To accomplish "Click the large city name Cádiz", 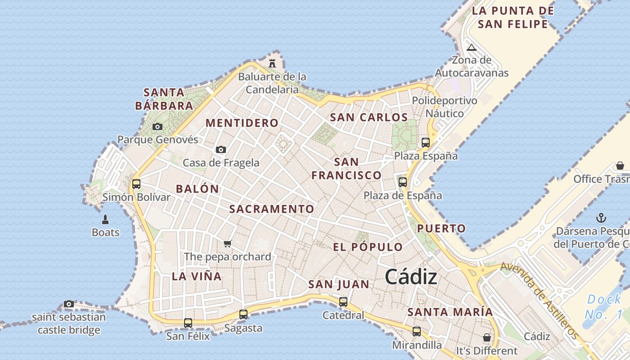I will [x=411, y=276].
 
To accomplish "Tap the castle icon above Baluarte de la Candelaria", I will [x=272, y=63].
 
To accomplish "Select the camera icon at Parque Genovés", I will [x=157, y=126].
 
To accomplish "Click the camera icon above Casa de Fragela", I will [x=220, y=149].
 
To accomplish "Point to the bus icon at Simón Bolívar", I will [x=136, y=184].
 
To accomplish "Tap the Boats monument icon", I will [x=105, y=220].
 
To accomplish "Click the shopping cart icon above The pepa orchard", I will [x=228, y=243].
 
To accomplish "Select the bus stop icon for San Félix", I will [x=188, y=323].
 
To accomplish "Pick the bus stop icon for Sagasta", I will [x=243, y=314].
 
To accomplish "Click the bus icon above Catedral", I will [x=343, y=301].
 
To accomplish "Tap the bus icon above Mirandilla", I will [x=417, y=332].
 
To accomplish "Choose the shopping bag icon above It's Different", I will [x=486, y=337].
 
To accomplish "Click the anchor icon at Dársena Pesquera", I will [x=601, y=218].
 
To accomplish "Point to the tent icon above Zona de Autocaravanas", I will [x=471, y=47].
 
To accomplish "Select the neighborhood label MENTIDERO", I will [x=242, y=123].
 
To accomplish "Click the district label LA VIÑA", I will [x=197, y=276].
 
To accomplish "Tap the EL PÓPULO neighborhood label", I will [x=368, y=247].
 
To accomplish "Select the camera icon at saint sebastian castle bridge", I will [x=69, y=304].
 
